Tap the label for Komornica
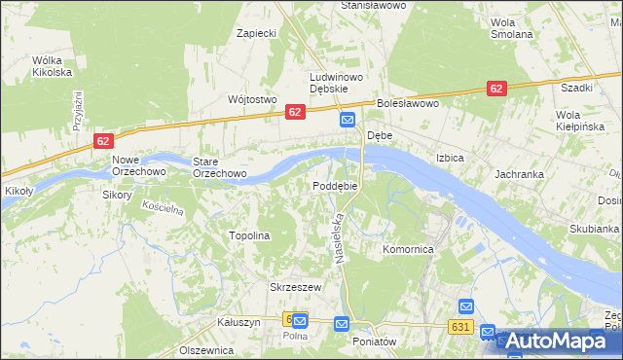(x=407, y=249)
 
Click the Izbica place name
(x=450, y=158)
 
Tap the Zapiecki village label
(x=258, y=33)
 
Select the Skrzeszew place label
(x=294, y=287)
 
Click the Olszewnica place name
(x=207, y=349)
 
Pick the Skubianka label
(x=594, y=229)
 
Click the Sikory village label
(x=116, y=195)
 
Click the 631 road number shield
(x=461, y=327)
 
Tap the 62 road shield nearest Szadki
(x=496, y=89)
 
